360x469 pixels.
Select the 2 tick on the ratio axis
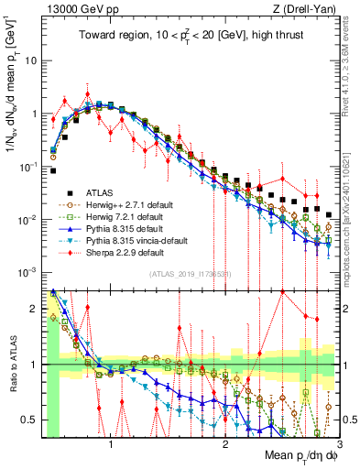click(x=35, y=309)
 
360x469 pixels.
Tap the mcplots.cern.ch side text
click(x=353, y=211)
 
